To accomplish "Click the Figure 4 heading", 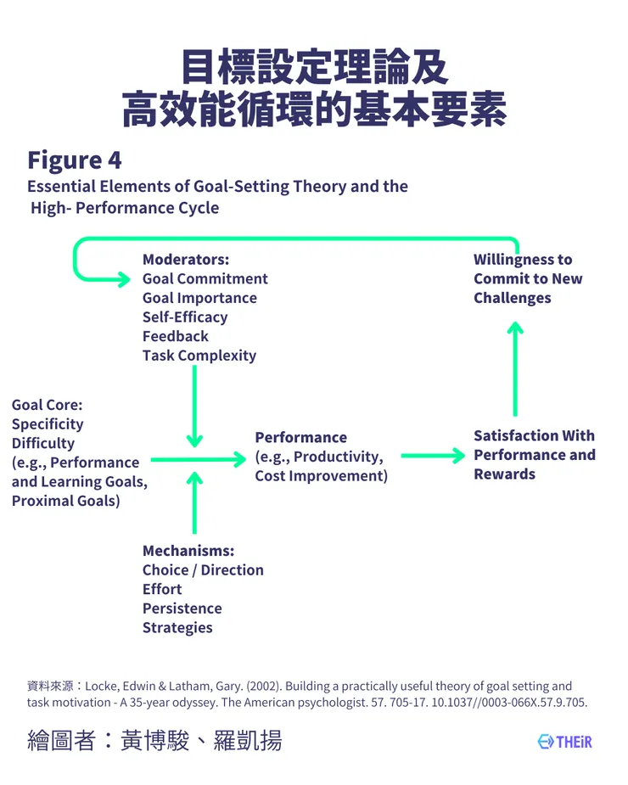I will coord(75,160).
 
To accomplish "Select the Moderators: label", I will coord(186,260).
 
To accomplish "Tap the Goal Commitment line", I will coord(205,279).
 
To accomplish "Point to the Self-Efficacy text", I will coord(185,317).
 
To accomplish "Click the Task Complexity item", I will coord(199,356).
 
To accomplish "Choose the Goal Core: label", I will coord(47,405).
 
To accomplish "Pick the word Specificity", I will coord(48,424).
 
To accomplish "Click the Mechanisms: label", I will coord(188,551).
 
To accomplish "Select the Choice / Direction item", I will coord(203,570).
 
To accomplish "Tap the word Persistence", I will coord(182,608).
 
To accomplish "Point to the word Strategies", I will coord(177,628).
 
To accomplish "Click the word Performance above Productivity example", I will coord(301,438).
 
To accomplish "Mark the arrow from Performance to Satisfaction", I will coord(433,456).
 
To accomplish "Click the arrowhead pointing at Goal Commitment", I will coord(124,278).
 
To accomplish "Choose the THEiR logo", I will coord(564,742).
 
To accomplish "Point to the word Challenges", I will coord(513,298).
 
